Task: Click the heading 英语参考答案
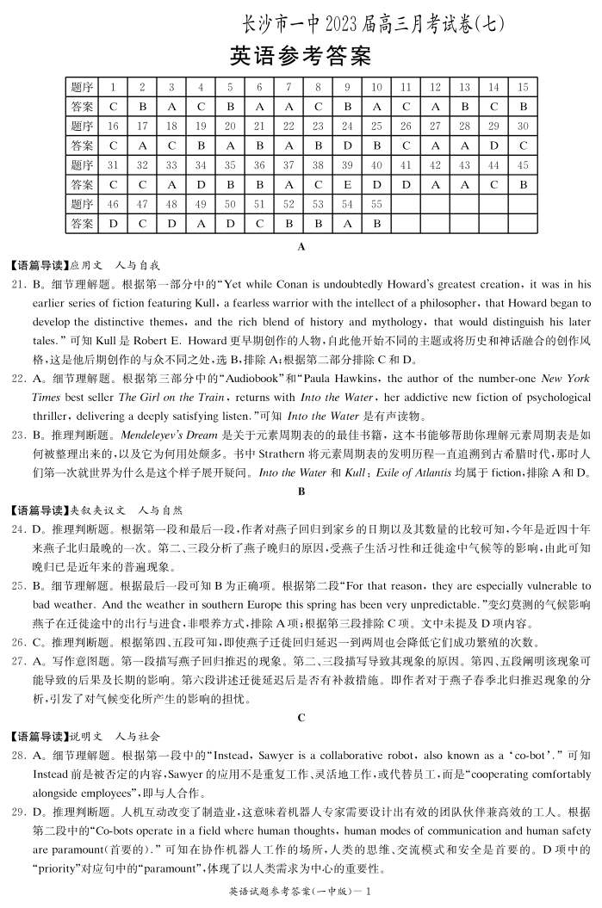pyautogui.click(x=301, y=57)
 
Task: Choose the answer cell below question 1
pyautogui.click(x=113, y=107)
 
